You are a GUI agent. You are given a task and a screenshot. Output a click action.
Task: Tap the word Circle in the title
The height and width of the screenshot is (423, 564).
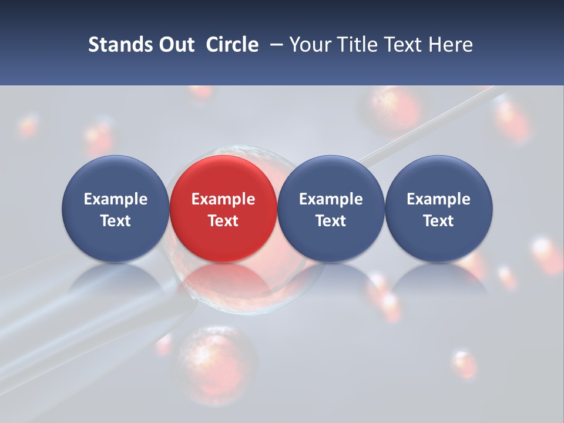(232, 45)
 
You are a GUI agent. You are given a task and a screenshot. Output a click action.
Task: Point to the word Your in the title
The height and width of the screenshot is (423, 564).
(309, 45)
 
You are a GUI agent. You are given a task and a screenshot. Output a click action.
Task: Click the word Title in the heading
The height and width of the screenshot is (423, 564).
(354, 45)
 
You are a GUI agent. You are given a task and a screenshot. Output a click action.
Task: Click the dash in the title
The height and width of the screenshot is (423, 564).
(273, 45)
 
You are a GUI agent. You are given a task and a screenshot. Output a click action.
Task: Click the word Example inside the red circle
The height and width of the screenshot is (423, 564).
(223, 199)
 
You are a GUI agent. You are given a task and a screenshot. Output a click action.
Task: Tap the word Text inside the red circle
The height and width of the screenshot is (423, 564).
(223, 221)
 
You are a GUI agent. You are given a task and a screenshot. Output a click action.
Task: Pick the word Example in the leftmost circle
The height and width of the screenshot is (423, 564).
(116, 199)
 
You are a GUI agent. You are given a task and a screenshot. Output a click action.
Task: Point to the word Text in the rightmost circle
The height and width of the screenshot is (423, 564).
(438, 221)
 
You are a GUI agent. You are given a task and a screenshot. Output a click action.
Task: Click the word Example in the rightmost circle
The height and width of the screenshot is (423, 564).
(438, 199)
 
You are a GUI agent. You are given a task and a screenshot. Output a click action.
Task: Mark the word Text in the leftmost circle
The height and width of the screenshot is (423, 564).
(116, 221)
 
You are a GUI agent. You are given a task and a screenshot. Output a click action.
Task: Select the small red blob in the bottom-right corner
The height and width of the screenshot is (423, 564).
(465, 364)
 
